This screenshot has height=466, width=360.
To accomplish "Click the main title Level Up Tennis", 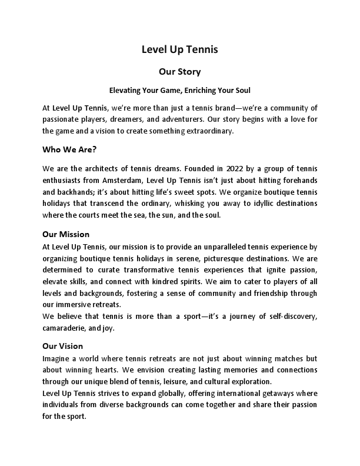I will [179, 49].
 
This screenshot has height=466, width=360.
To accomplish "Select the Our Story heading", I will [179, 72].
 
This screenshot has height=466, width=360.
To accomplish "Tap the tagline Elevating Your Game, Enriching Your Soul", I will [179, 91].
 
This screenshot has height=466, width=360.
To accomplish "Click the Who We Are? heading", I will [69, 149].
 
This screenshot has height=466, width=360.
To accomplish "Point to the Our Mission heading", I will [66, 234].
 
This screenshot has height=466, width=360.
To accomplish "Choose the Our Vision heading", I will [63, 346].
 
